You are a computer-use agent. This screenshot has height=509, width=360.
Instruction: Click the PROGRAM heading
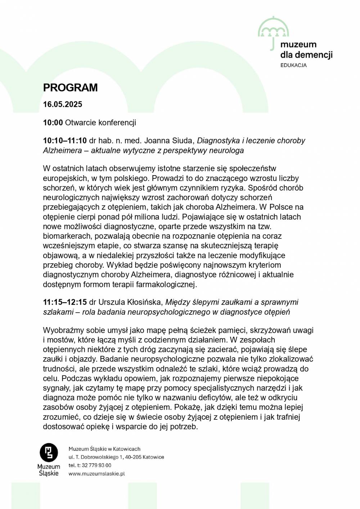70,88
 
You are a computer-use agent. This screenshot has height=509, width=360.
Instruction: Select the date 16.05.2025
63,104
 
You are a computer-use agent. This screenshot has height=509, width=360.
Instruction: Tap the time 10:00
53,123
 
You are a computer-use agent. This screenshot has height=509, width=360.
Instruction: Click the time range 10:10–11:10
65,141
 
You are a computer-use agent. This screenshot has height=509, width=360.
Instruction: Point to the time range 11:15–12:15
65,302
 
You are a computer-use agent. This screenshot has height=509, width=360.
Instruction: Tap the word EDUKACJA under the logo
293,65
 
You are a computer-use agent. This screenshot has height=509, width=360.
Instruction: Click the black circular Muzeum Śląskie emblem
49,453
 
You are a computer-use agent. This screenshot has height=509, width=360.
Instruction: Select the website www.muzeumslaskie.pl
96,474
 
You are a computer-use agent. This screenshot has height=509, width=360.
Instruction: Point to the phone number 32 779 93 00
96,465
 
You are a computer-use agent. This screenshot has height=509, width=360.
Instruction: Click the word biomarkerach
67,236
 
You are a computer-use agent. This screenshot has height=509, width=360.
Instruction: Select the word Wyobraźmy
63,330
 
